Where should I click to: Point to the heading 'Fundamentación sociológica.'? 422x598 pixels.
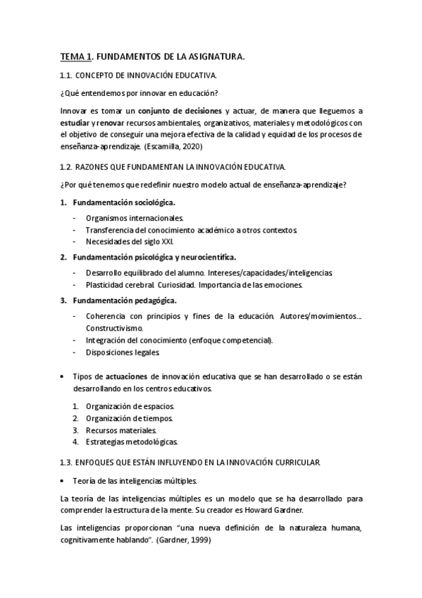124,203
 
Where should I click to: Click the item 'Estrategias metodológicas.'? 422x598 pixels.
132,442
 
